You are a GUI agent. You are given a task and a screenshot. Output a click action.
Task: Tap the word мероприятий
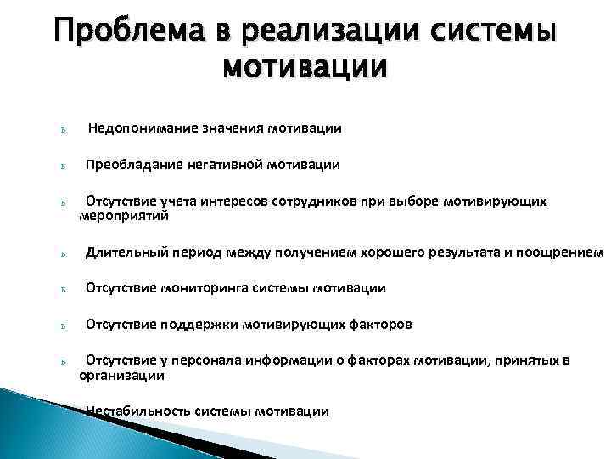[x=124, y=216]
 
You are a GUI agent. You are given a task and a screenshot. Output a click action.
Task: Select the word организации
[x=121, y=375]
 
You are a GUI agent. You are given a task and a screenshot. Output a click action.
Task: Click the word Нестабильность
[x=137, y=411]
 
